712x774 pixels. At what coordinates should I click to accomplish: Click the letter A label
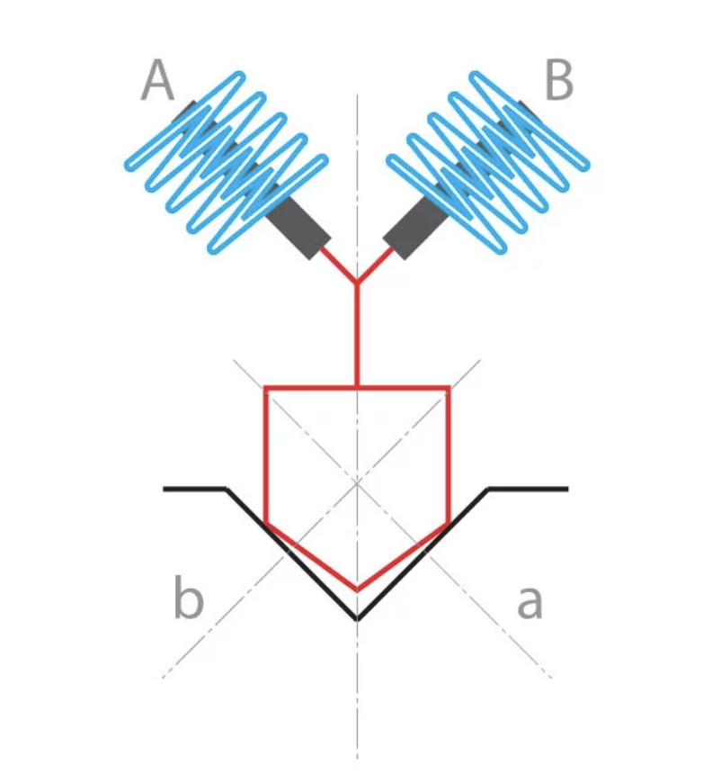[x=157, y=82]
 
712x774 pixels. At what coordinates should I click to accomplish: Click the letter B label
[x=558, y=82]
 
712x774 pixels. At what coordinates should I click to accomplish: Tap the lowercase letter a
[x=530, y=601]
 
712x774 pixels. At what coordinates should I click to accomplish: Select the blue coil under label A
[x=225, y=162]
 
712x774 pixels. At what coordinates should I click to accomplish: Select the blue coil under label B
[x=490, y=162]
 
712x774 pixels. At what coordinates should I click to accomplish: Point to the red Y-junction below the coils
[x=357, y=283]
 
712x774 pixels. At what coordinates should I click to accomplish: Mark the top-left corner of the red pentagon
[x=265, y=389]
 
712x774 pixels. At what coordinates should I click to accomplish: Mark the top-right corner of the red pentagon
[x=449, y=389]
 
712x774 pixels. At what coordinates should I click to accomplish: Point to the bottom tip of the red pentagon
[x=357, y=590]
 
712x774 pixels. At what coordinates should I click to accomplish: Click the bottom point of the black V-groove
[x=357, y=619]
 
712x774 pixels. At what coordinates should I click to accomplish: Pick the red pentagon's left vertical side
[x=265, y=454]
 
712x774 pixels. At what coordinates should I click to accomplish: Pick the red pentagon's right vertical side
[x=449, y=454]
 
